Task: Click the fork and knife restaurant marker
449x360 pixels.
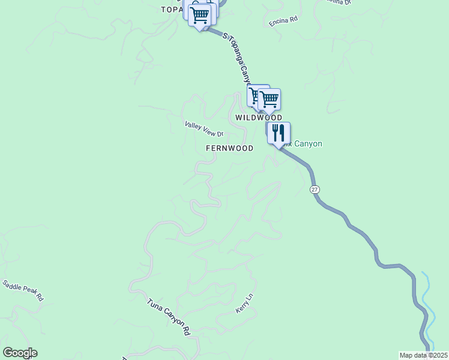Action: tap(278, 133)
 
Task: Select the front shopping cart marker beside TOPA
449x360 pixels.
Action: tap(199, 15)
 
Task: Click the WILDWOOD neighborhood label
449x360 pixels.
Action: tap(258, 118)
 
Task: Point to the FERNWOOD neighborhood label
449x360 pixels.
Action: tap(229, 148)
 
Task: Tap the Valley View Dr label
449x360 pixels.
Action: tap(204, 129)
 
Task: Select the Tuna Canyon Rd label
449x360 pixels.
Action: tap(169, 316)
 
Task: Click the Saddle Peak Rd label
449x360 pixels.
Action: tap(23, 290)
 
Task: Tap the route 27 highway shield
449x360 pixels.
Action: tap(315, 190)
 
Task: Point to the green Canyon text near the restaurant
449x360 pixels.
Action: tap(307, 144)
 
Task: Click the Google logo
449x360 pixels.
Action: tap(20, 353)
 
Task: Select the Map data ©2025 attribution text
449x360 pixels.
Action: tap(423, 355)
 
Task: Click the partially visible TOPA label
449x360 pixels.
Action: tap(172, 10)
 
